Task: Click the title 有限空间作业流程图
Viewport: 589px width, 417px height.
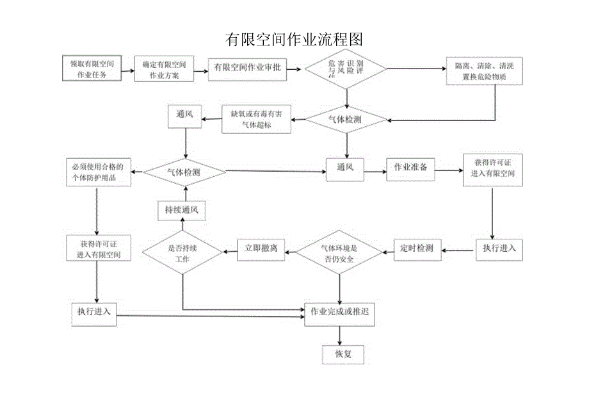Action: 294,39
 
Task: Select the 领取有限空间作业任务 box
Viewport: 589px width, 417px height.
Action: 92,69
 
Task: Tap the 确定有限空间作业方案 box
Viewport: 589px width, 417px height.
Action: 164,69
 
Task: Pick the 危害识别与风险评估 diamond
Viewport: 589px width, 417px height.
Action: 345,68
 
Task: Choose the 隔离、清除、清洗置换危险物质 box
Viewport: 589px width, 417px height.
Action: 483,70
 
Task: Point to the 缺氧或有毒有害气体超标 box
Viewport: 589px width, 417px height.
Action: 255,119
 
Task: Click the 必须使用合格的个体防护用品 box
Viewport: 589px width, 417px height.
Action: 99,172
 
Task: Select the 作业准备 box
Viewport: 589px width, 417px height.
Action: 410,168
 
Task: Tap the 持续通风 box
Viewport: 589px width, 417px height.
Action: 182,210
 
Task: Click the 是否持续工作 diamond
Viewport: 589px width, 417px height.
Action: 182,253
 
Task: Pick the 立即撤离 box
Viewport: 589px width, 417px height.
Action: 261,249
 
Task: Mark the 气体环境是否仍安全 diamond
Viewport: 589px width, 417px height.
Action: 339,254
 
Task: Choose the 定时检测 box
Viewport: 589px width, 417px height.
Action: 416,249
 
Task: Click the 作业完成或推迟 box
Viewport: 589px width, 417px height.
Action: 339,313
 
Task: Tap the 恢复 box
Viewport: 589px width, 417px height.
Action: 339,352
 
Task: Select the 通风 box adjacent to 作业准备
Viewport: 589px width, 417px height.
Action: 345,168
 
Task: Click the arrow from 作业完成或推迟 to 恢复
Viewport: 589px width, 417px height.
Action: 339,334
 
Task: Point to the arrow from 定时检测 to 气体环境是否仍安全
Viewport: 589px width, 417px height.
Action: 386,250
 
